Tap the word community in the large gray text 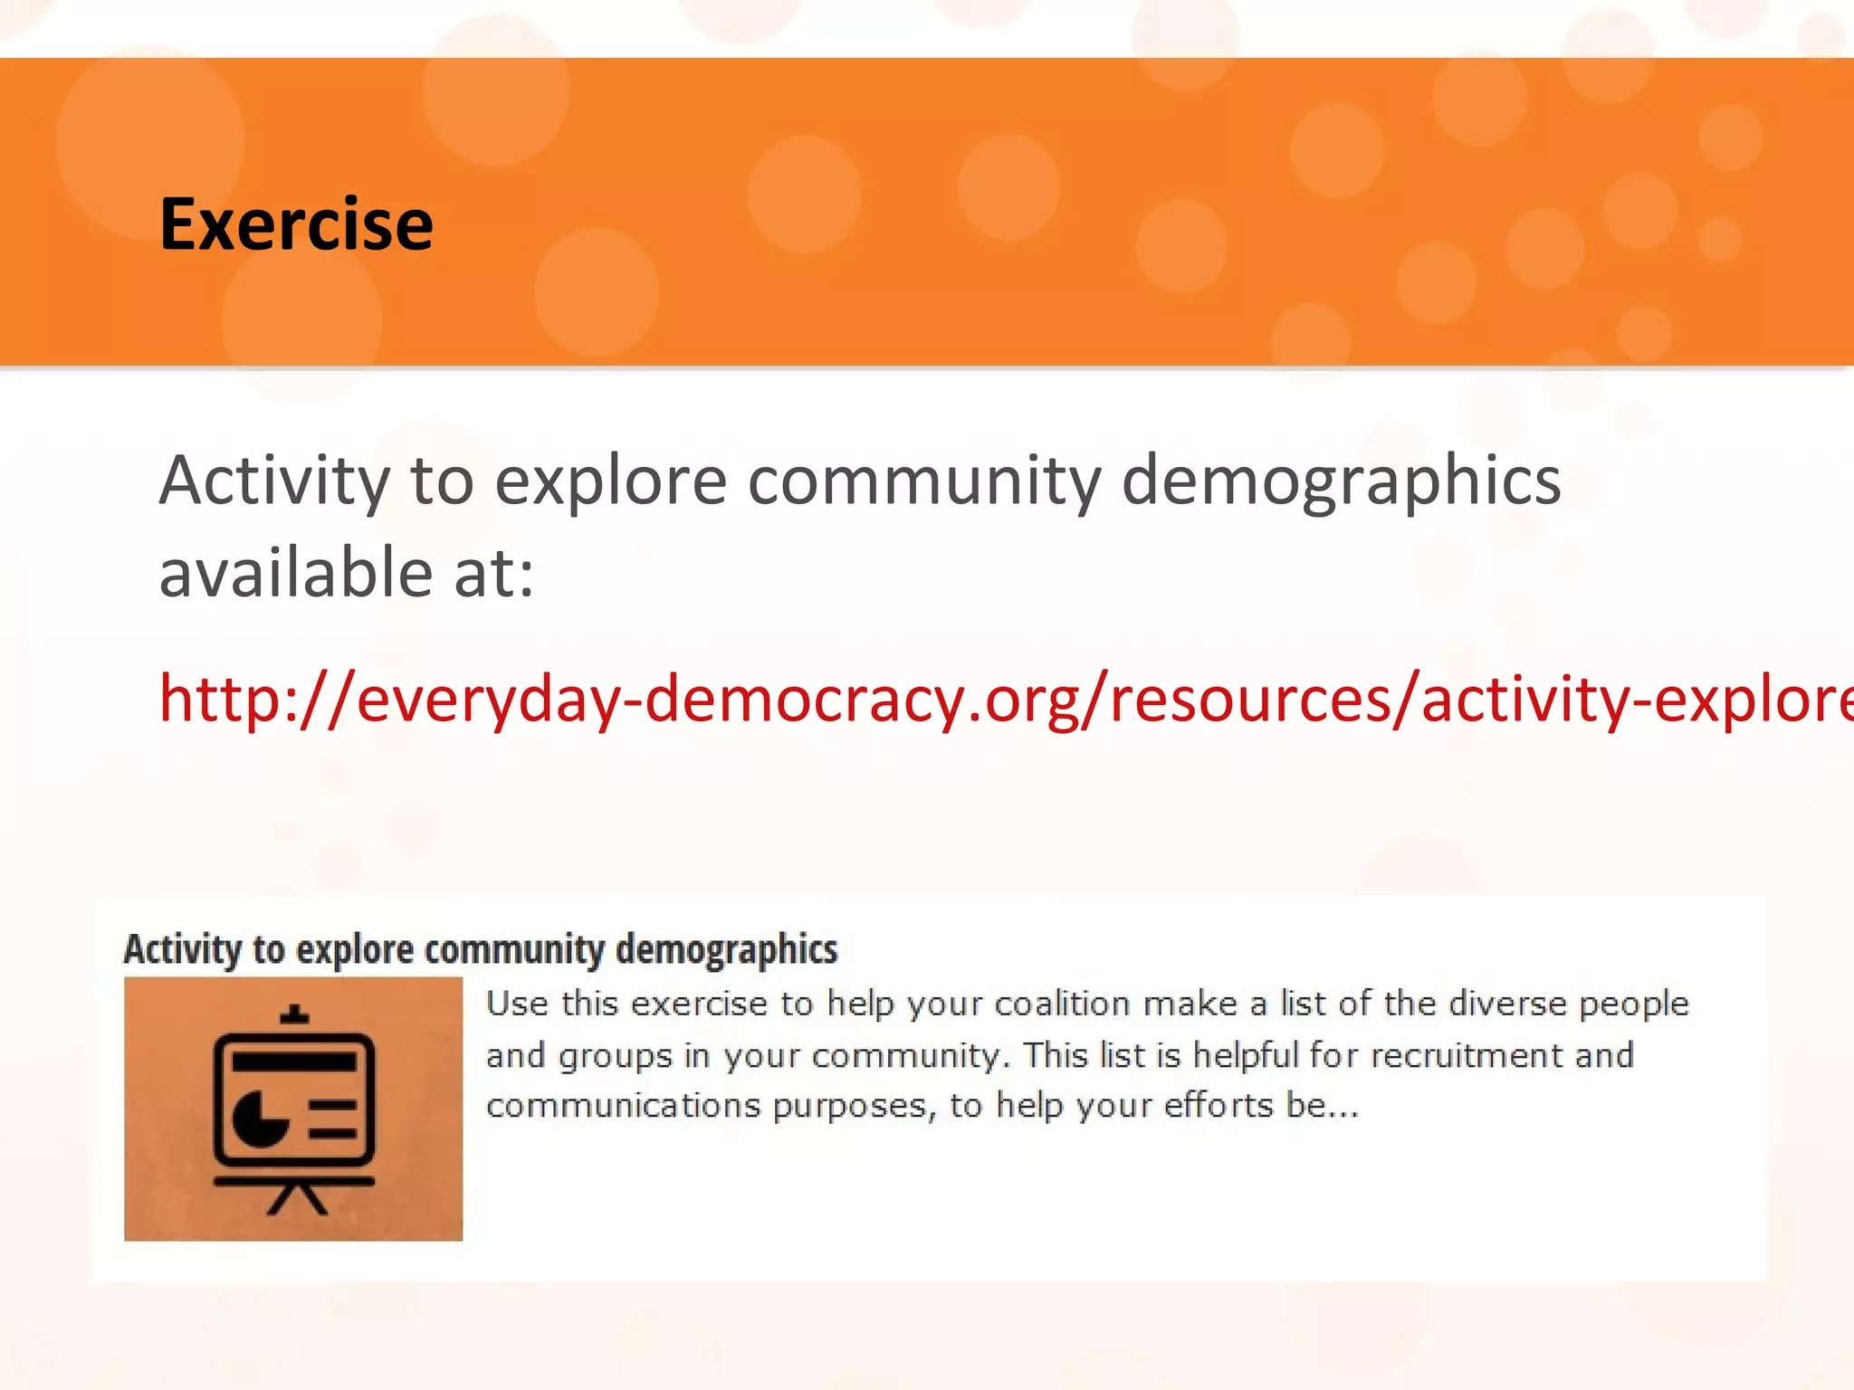click(924, 481)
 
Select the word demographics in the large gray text click(1341, 481)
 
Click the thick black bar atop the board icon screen click(294, 1061)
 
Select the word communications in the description click(623, 1106)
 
